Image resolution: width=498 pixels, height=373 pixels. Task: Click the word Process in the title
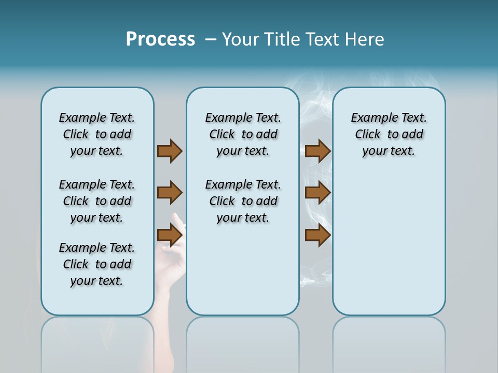160,39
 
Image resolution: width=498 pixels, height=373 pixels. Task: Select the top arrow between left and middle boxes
170,151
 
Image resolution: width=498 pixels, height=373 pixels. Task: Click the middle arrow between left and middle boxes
170,193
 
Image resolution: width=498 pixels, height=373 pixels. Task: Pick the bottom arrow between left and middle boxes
170,235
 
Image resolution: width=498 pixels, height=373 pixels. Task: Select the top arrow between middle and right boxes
317,151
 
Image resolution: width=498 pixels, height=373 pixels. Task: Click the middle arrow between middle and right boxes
317,193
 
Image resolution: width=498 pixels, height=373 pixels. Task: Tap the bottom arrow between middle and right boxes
317,235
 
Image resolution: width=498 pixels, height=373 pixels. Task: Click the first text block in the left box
97,134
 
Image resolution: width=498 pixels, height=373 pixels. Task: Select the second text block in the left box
97,201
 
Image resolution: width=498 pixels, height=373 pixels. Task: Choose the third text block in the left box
97,264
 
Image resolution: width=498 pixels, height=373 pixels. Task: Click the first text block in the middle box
243,134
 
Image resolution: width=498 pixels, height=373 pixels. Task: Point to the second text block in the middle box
243,201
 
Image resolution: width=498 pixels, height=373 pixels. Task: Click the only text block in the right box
389,134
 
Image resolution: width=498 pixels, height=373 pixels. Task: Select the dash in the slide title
211,39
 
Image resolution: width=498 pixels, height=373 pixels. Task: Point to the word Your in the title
241,39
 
